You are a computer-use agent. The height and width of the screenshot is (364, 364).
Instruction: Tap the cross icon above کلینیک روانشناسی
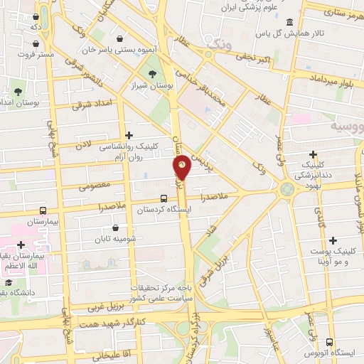coord(129,134)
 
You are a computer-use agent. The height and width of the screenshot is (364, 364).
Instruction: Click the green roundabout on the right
coord(287,189)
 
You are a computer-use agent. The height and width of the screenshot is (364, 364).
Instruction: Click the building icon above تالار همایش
coord(288,22)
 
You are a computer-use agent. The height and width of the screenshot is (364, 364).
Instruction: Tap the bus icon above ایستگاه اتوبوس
coord(329,341)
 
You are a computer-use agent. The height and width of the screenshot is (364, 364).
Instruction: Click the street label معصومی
coord(92,187)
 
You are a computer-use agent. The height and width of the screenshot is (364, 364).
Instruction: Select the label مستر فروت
coord(36,54)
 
